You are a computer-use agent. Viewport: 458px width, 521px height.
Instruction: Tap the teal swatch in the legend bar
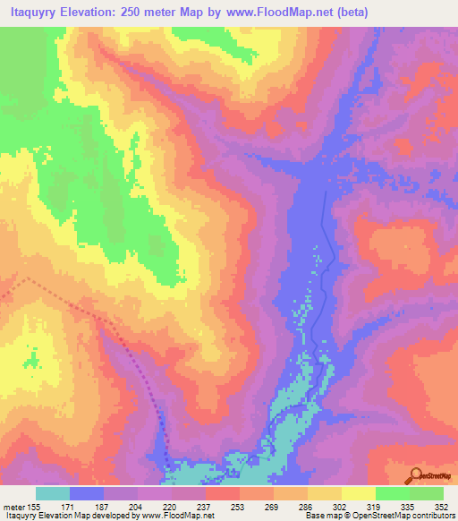point(53,493)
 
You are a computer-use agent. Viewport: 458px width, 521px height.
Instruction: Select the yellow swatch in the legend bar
point(358,493)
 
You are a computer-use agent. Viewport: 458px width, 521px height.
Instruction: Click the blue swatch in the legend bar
point(87,493)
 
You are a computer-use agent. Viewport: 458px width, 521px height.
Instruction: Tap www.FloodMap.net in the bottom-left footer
point(175,516)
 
